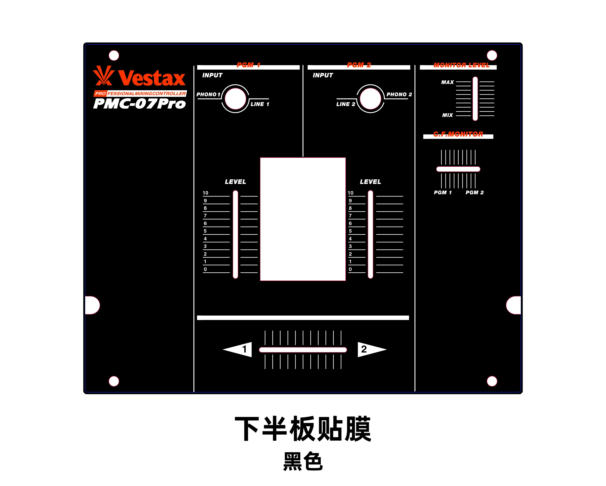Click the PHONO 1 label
[x=208, y=94]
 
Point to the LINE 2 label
[x=345, y=104]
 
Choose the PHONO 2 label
[x=399, y=94]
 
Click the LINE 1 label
[x=260, y=104]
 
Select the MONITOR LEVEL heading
[x=461, y=65]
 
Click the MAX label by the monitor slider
[x=447, y=82]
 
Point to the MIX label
[x=447, y=115]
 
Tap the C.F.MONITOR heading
[x=458, y=134]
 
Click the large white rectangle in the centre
[x=303, y=219]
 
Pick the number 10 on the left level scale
[x=205, y=193]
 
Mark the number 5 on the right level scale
[x=350, y=231]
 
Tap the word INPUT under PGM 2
[x=323, y=75]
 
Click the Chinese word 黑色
[x=303, y=461]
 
